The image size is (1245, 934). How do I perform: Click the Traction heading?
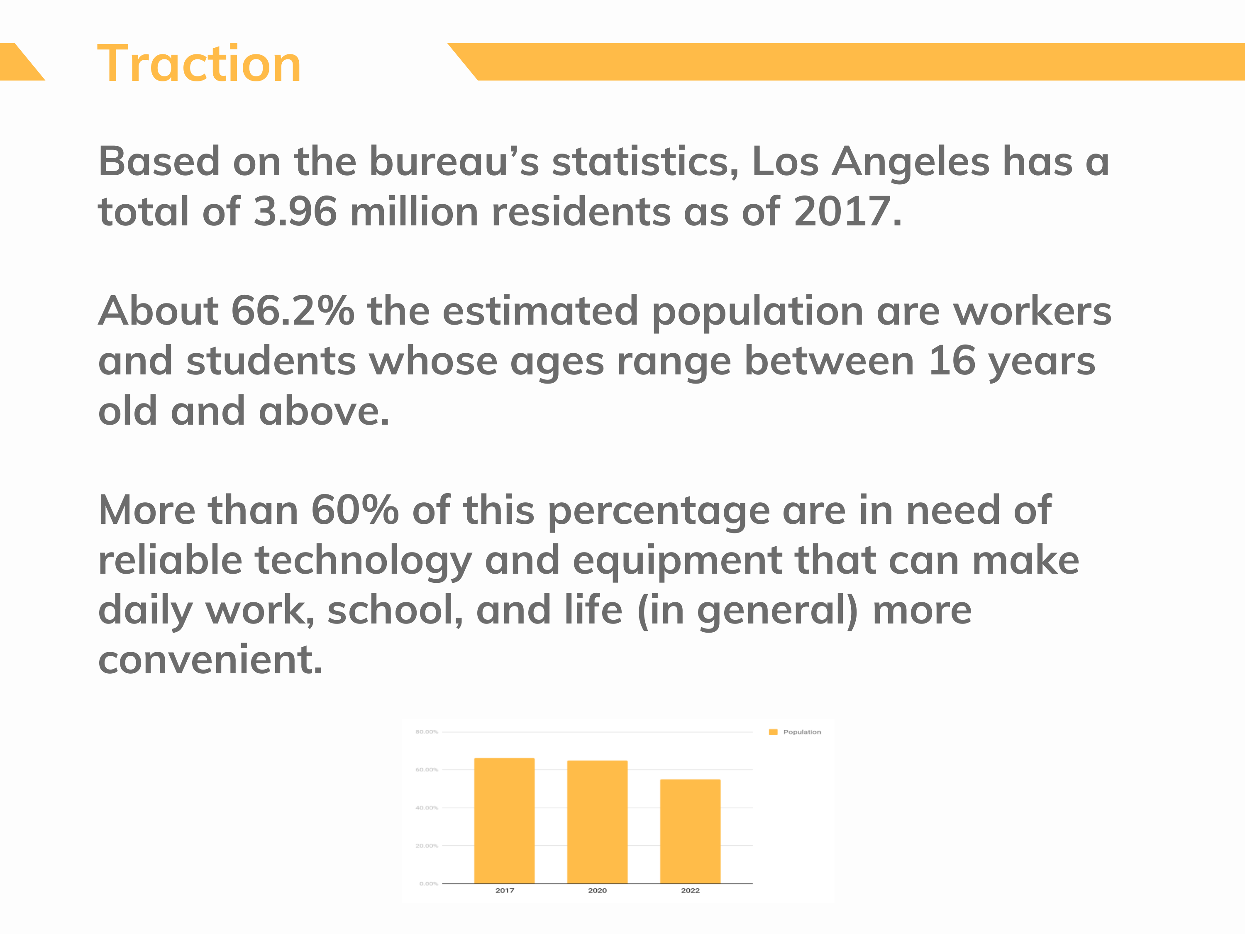[199, 64]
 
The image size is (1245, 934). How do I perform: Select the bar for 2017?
[504, 821]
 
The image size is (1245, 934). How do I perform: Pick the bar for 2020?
[597, 822]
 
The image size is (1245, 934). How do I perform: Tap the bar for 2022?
[690, 831]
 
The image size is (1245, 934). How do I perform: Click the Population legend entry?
[795, 732]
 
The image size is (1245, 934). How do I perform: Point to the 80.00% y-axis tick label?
[427, 732]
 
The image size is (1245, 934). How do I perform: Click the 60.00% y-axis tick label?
[427, 770]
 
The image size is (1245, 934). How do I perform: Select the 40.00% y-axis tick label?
[427, 808]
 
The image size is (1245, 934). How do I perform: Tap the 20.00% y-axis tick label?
[427, 846]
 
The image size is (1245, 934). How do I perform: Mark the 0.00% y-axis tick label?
[428, 884]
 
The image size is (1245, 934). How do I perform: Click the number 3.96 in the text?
[295, 212]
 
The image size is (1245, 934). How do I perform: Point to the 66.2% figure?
[293, 311]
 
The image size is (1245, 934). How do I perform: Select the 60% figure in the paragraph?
[354, 511]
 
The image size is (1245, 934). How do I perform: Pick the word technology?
[363, 561]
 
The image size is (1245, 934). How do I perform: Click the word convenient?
[210, 660]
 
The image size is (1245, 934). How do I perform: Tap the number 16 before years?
[952, 361]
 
